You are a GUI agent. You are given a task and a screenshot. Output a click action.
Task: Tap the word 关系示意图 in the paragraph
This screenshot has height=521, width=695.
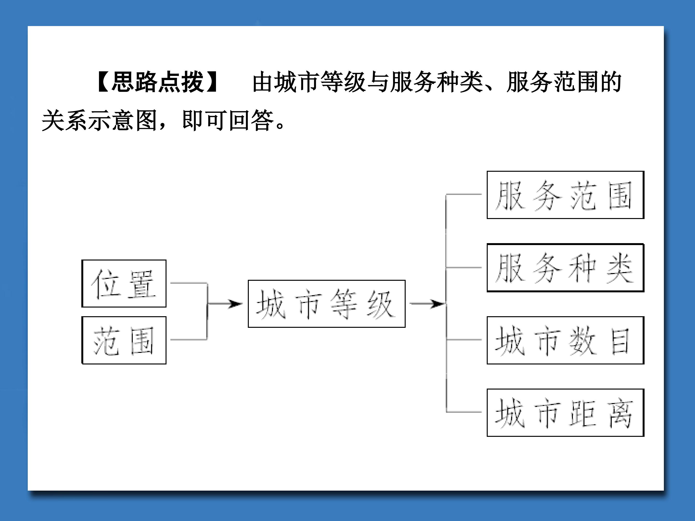click(x=99, y=120)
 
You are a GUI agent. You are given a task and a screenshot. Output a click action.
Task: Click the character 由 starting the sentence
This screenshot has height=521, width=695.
click(x=263, y=82)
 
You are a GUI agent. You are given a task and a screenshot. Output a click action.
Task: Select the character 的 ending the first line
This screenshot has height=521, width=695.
click(x=611, y=82)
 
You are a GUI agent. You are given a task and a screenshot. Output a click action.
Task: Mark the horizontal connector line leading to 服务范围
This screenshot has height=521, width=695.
click(x=464, y=194)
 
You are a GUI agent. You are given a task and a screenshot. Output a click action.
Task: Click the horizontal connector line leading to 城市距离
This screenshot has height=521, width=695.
click(x=464, y=412)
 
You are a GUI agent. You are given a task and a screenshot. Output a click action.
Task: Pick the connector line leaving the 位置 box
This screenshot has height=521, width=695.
click(x=189, y=283)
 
